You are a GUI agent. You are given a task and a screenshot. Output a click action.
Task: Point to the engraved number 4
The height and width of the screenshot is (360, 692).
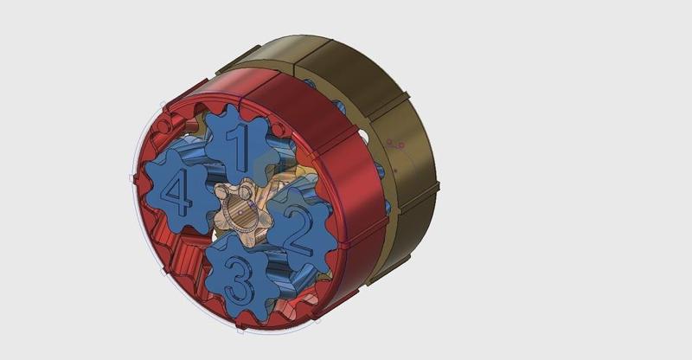178,193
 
